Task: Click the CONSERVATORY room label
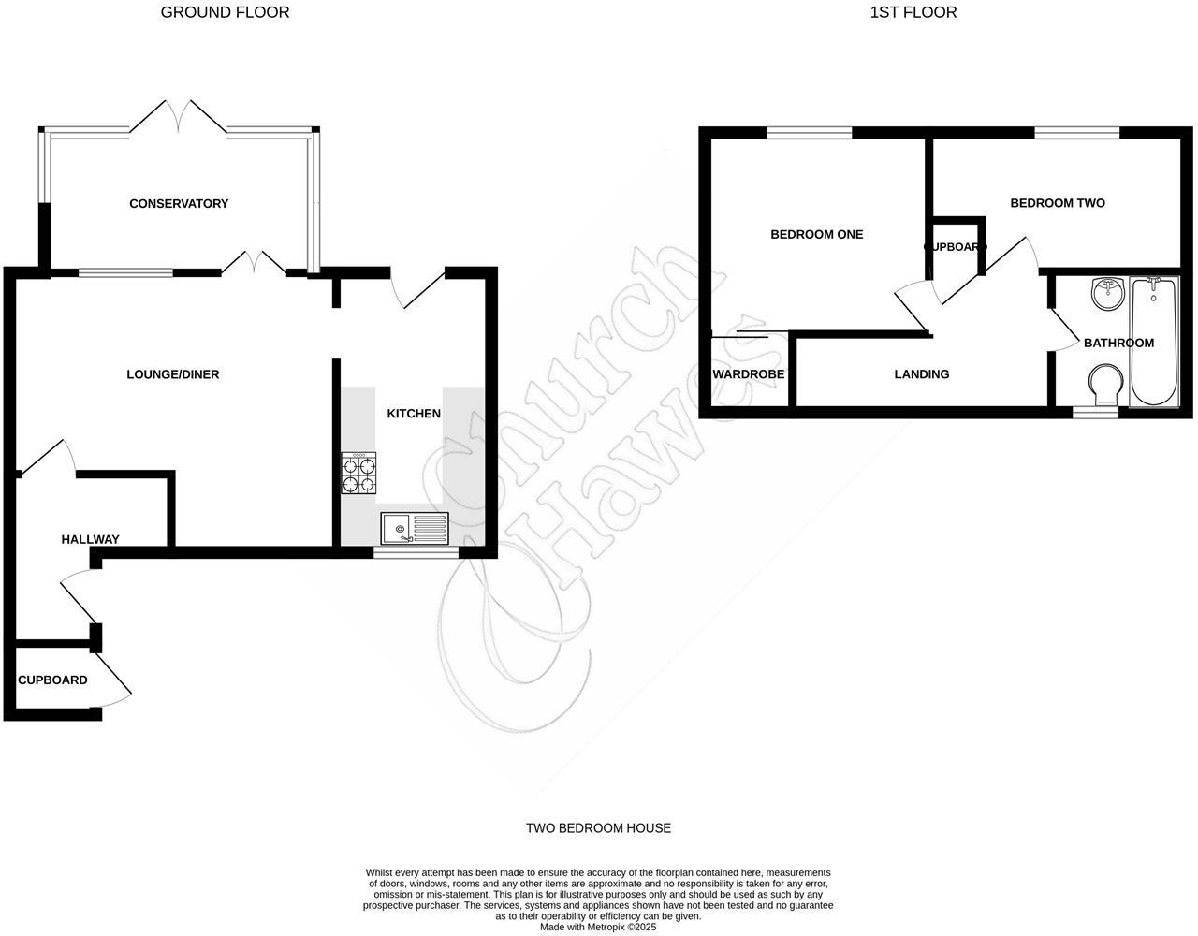click(179, 203)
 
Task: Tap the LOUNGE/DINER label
click(173, 374)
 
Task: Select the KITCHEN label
click(414, 413)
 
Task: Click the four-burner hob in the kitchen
click(360, 473)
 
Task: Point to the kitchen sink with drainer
click(415, 529)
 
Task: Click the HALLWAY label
click(90, 539)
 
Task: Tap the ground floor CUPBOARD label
click(52, 680)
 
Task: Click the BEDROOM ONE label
click(816, 234)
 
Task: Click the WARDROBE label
click(749, 374)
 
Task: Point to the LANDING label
click(922, 374)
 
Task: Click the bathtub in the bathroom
click(1154, 342)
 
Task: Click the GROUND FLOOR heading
click(225, 12)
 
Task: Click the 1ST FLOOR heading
click(913, 12)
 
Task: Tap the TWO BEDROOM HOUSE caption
click(598, 827)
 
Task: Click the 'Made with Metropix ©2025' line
click(598, 928)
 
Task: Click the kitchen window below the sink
click(416, 553)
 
